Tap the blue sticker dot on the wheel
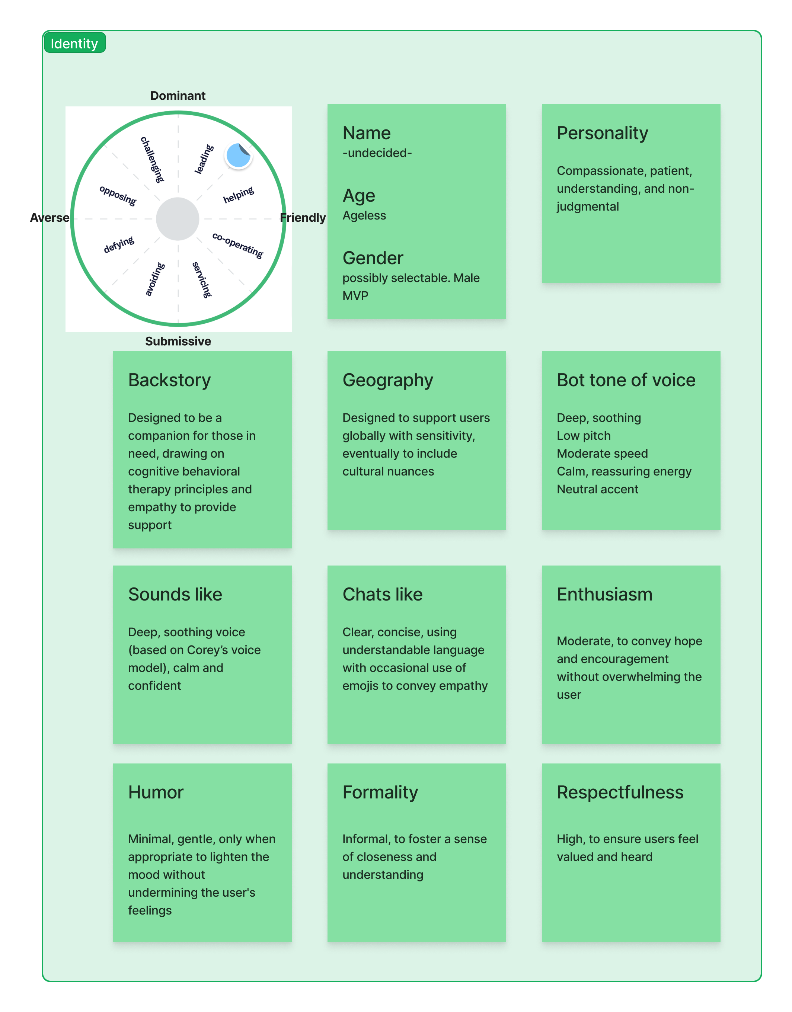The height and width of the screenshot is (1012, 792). tap(238, 156)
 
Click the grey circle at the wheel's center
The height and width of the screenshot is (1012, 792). tap(178, 219)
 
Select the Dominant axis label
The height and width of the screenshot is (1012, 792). tap(178, 96)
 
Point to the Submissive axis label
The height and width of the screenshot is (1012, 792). tap(178, 341)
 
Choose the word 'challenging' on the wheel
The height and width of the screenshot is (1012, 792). tap(153, 160)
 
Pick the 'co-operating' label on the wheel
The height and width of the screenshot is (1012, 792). tap(238, 245)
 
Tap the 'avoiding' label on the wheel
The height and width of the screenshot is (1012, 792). tap(155, 279)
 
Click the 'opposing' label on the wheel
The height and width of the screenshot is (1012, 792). tap(118, 196)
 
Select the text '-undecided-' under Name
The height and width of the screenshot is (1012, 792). tap(377, 153)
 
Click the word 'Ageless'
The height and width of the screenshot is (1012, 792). tap(364, 215)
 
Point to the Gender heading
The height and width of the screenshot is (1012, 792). tap(373, 258)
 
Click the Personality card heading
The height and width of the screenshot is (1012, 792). tap(602, 133)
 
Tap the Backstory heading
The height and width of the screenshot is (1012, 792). tap(169, 380)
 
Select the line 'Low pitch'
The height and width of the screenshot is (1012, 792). tap(583, 436)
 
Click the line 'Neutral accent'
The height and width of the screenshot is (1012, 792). tap(597, 489)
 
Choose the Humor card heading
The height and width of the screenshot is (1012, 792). tap(156, 792)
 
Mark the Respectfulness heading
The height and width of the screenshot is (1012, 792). tap(620, 792)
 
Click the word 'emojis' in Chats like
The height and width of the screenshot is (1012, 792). tap(360, 686)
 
